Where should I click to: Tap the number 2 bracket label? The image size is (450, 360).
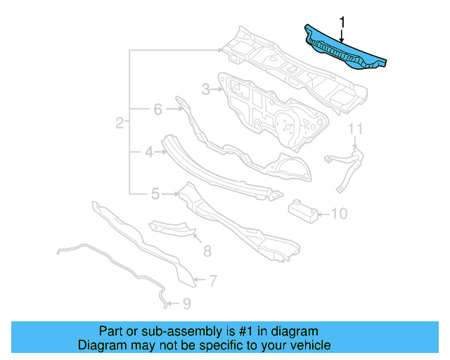click(120, 123)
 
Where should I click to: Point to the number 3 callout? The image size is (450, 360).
click(205, 89)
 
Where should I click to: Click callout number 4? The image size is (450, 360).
click(149, 150)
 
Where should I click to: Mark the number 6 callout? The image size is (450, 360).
click(157, 109)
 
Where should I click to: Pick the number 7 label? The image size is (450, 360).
click(212, 281)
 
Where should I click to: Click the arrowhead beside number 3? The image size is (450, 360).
click(218, 89)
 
